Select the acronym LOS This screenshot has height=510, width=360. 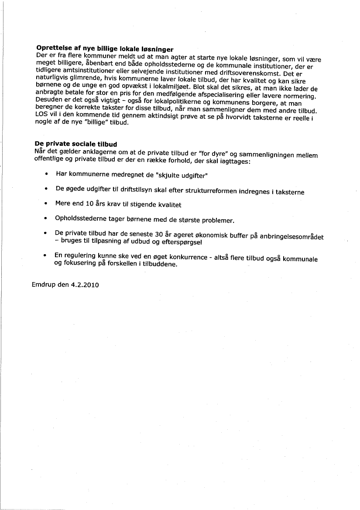41,116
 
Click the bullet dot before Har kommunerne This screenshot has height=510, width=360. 46,174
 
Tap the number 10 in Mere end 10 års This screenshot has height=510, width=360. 90,204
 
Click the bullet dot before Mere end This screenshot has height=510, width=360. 46,203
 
